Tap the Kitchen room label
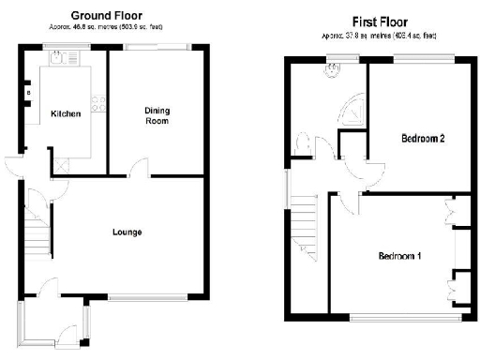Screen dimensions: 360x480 [66, 114]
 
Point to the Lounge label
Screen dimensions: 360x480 [127, 232]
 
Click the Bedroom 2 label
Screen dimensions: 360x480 [422, 138]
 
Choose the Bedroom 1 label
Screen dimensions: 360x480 [400, 256]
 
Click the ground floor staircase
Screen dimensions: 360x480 [35, 225]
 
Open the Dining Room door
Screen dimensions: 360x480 [138, 169]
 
